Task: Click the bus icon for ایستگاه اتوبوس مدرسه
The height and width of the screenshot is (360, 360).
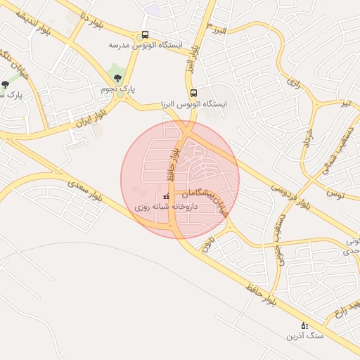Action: coord(145,34)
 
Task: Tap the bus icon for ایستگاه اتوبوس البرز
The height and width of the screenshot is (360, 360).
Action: coord(193,93)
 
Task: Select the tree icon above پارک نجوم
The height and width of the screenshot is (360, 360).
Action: coord(117,78)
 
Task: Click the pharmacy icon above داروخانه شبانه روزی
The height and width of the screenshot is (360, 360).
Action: coord(166,197)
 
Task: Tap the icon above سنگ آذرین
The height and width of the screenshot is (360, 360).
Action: coord(304,326)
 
